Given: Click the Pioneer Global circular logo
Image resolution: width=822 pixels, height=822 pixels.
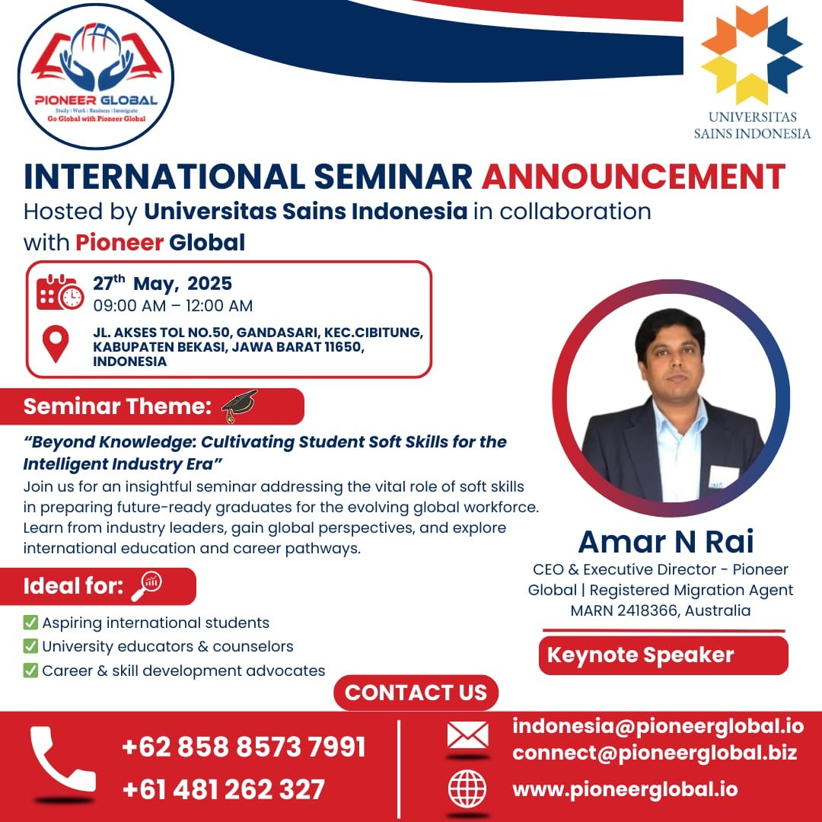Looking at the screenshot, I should coord(96,76).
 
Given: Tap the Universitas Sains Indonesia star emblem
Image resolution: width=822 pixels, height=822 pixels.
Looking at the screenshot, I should coord(752,55).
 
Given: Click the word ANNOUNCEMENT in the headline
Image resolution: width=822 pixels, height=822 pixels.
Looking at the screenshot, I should coord(633,177).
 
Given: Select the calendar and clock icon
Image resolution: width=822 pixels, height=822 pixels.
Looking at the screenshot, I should coord(60,292).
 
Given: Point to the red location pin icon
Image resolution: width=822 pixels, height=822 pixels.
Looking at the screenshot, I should coord(55,344).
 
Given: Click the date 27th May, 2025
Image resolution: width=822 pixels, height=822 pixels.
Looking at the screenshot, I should coord(162,284).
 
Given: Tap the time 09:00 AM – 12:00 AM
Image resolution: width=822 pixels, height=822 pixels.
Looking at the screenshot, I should coord(173,306).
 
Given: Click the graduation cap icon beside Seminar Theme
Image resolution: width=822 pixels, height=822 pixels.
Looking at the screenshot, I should coord(239,406).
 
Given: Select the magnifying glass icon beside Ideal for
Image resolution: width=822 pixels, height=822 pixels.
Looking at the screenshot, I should coord(146,585).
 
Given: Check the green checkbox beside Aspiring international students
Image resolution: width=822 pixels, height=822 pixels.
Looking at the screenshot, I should coord(30,623).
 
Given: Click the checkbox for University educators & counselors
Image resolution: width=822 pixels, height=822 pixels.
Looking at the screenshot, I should coord(30,647).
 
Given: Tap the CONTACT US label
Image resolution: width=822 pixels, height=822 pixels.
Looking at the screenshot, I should coord(416,693).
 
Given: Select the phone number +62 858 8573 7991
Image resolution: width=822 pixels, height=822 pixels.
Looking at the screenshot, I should coord(244,747).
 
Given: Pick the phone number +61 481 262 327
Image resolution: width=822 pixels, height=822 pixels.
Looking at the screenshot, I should coord(224,789).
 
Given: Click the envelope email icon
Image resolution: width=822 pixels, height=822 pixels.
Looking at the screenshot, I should coord(467,735).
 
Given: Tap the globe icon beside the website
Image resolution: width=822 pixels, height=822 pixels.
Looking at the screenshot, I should coord(467,789).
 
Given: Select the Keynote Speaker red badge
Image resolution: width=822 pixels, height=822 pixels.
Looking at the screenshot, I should coord(663,655).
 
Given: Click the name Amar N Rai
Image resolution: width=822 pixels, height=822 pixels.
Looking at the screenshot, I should coord(666,541).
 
